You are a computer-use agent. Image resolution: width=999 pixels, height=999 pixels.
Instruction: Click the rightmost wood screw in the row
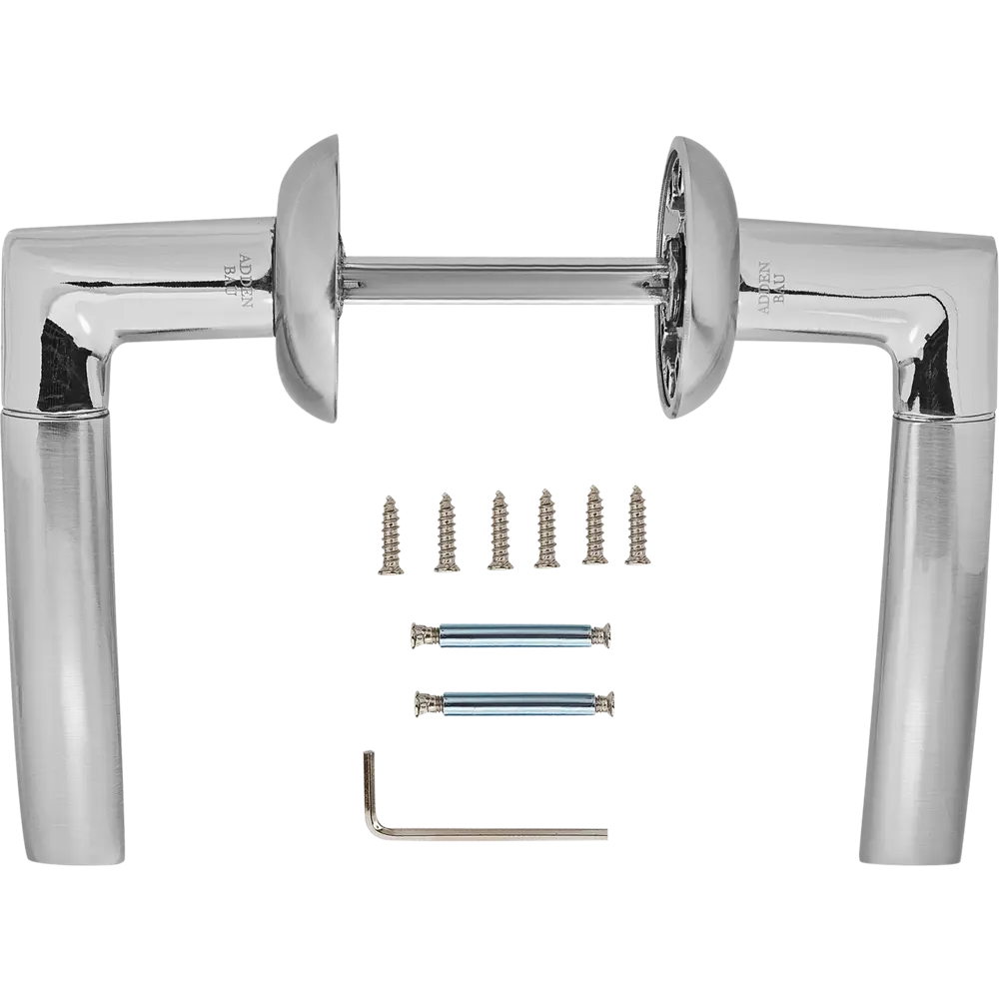pyautogui.click(x=635, y=526)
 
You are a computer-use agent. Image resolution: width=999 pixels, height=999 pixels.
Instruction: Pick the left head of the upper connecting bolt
pyautogui.click(x=422, y=634)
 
